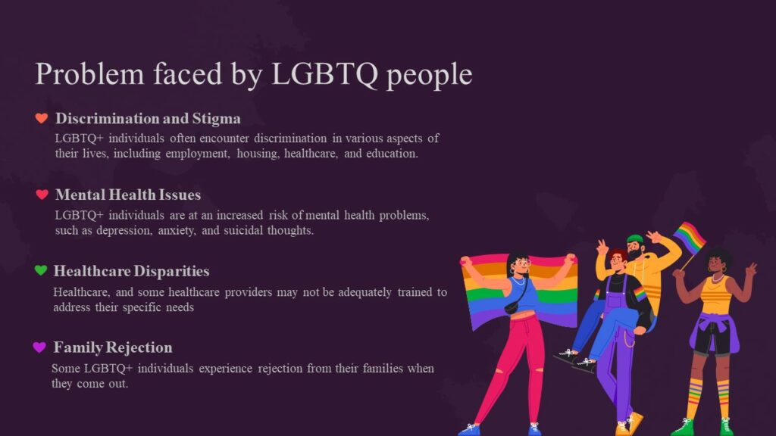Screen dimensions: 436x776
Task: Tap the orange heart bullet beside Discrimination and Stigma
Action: pos(42,118)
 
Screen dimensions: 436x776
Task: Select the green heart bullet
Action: pos(40,270)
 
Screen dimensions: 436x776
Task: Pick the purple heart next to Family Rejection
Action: pos(39,347)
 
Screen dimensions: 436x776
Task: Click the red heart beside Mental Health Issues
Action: pos(42,195)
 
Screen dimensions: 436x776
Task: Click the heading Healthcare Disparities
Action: pos(131,271)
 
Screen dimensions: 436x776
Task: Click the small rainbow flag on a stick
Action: pos(689,238)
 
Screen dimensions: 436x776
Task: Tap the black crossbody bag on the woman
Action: pos(512,307)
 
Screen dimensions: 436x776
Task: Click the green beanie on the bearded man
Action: pos(635,239)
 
